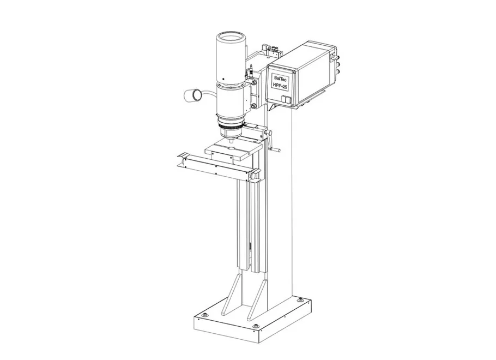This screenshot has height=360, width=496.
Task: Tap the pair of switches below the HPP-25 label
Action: tap(285, 100)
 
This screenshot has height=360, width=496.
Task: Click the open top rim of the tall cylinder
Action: tap(231, 37)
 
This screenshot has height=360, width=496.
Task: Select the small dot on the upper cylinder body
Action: tap(223, 79)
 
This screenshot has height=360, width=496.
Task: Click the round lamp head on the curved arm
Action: tap(192, 95)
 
